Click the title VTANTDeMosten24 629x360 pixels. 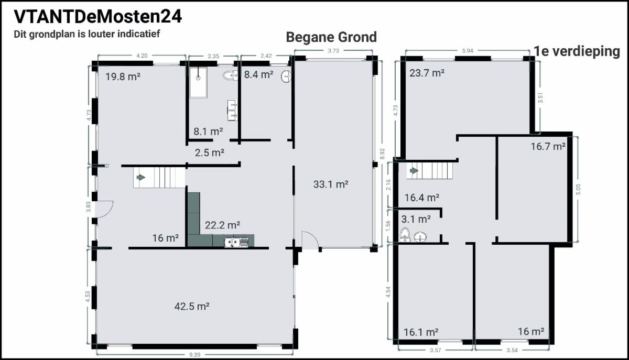pos(97,17)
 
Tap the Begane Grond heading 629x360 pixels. pos(331,37)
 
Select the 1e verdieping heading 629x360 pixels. pos(577,52)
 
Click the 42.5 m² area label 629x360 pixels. pos(192,306)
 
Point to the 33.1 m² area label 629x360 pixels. pos(331,184)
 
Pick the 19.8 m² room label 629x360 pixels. pos(123,77)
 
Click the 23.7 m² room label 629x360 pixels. pos(427,73)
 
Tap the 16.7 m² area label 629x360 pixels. pos(548,146)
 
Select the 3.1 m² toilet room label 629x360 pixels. pos(416,219)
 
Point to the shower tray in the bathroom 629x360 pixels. pos(198,83)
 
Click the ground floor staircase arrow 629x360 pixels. pos(141,177)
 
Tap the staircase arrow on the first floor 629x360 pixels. pos(414,171)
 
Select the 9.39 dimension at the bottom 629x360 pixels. pos(194,355)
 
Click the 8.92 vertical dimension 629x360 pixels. pos(382,154)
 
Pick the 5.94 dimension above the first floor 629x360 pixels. pos(468,51)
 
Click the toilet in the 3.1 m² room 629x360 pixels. pos(405,235)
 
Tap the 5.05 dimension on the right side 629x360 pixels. pos(578,189)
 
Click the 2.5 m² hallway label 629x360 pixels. pos(210,153)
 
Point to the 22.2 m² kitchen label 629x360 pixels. pos(222,225)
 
